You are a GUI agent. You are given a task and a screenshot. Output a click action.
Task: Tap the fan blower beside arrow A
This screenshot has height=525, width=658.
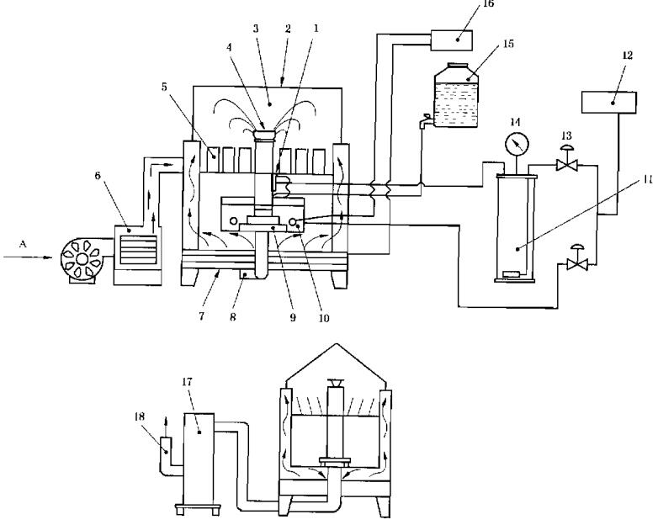[83, 247]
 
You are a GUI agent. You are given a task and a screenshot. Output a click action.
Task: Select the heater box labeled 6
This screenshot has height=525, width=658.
[136, 244]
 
